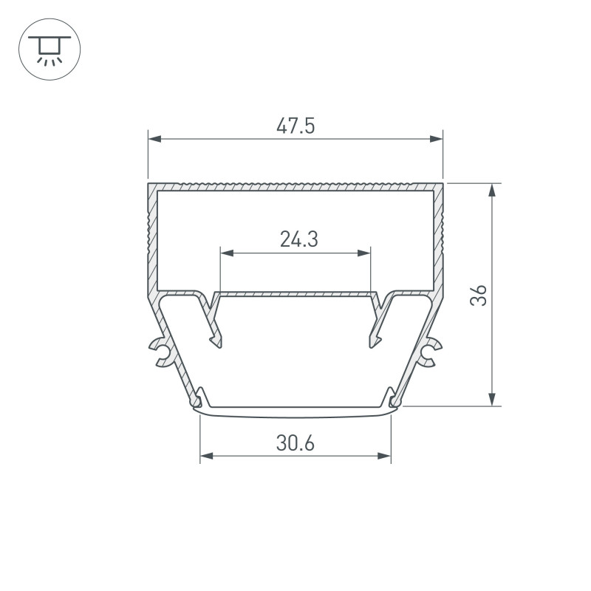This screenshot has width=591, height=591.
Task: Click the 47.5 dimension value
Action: [x=295, y=126]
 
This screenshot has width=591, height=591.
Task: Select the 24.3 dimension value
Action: [x=299, y=239]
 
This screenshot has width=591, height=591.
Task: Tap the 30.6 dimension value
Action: [x=295, y=443]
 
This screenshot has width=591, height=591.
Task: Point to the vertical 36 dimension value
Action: [x=479, y=295]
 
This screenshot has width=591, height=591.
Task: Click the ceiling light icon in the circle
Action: [x=49, y=50]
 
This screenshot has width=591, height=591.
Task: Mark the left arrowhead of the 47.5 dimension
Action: [x=155, y=139]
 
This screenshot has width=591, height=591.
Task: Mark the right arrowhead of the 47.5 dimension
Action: [x=436, y=139]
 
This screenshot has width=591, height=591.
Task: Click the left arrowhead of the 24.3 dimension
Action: [x=227, y=253]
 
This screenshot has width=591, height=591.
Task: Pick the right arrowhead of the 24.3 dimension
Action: [x=363, y=253]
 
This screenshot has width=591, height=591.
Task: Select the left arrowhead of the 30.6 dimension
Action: [x=207, y=456]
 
